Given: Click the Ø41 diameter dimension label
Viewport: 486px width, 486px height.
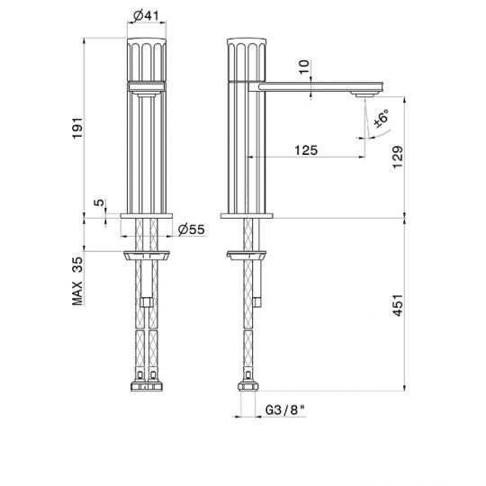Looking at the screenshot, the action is click(x=146, y=15).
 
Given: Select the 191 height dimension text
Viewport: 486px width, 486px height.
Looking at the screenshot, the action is click(x=77, y=128).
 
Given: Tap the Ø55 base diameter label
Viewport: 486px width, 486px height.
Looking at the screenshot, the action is click(x=191, y=229).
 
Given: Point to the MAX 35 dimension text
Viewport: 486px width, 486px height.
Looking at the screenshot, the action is click(x=77, y=281).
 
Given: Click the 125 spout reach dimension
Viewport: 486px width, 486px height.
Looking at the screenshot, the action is click(x=306, y=150).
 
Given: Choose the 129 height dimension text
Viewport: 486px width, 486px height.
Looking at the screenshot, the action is click(x=398, y=157).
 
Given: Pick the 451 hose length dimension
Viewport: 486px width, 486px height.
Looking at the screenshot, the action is click(x=398, y=305).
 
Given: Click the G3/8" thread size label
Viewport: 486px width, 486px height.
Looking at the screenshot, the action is click(x=284, y=410).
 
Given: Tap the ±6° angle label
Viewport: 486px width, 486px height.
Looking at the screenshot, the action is click(x=381, y=118).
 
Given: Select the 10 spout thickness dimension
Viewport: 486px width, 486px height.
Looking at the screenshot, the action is click(x=304, y=67).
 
